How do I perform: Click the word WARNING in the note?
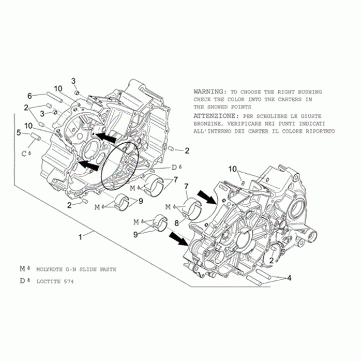[x=208, y=92]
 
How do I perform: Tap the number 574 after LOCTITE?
[x=69, y=281]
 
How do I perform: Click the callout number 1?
[x=80, y=237]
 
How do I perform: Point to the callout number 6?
[x=29, y=96]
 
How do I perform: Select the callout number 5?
[x=19, y=133]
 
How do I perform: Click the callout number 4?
[x=289, y=278]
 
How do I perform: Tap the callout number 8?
[x=177, y=223]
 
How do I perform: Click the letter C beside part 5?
[x=24, y=154]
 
